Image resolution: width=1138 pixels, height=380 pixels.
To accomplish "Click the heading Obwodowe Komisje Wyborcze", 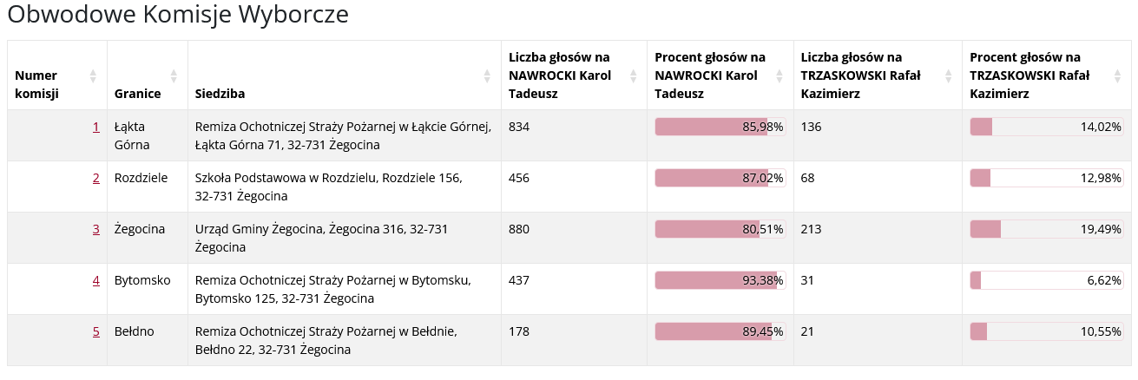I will pos(178,15).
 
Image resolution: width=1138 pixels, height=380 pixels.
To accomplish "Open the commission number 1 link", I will pos(95,127).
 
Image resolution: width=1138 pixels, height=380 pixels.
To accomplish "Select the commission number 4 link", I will pos(95,280).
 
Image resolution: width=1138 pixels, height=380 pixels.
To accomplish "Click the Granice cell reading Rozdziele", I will pos(141,178).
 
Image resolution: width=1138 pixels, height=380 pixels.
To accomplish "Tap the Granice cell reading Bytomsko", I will pos(142,280).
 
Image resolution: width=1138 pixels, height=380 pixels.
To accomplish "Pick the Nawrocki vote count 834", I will pos(518,127).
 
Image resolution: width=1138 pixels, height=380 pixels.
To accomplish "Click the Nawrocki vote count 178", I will pos(518,331).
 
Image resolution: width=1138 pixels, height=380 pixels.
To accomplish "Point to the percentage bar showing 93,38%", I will pos(720,280).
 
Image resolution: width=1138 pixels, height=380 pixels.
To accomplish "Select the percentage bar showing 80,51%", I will pos(720,229).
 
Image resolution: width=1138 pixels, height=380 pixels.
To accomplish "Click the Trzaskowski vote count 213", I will pos(812,229).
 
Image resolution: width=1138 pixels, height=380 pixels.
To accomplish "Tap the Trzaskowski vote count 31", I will pos(808,280).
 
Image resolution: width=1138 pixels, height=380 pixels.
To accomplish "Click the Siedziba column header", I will pos(220,93).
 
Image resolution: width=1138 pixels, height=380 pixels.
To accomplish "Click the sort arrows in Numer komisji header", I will pos(93,75).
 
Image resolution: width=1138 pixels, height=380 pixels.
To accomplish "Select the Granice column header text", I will pos(135,93).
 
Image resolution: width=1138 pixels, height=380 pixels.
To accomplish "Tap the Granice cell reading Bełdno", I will pos(134,331).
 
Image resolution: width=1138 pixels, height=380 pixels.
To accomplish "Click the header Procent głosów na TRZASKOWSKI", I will pos(1029,75).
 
